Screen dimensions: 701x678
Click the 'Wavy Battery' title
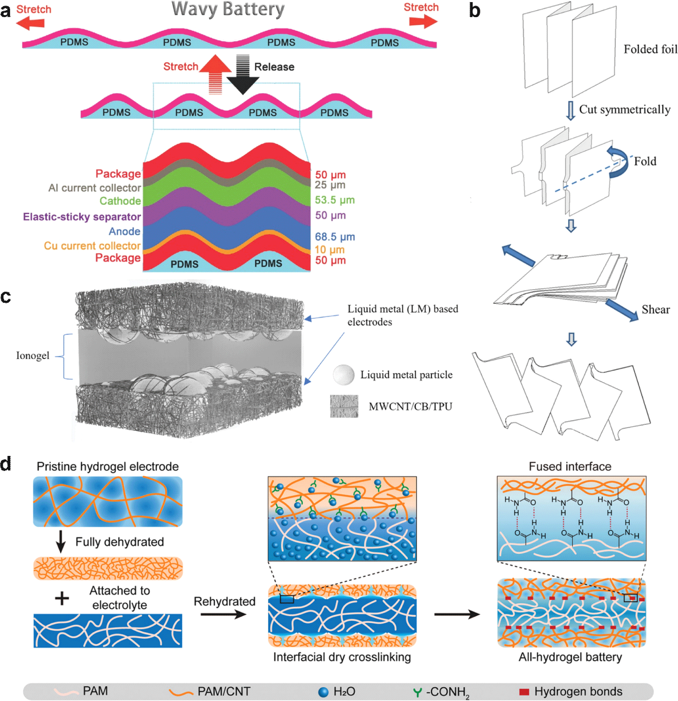coord(228,9)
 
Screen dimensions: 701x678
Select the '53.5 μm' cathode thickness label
coord(334,200)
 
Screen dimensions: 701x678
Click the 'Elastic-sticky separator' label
coord(82,217)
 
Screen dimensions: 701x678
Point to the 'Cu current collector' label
coord(92,246)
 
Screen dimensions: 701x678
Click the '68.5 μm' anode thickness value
coord(334,237)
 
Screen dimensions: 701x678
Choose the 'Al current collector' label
coord(95,188)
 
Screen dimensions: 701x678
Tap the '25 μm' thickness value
coord(330,185)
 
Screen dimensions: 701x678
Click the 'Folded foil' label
coord(650,49)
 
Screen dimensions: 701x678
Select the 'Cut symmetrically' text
coord(624,109)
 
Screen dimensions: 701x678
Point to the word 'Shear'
coord(655,309)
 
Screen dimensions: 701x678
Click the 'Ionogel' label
coord(33,356)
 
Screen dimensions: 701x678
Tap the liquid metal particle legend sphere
coord(344,374)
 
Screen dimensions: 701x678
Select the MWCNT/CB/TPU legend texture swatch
coord(344,406)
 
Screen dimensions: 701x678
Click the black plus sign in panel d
coord(62,598)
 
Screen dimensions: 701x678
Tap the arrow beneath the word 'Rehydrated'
coord(224,614)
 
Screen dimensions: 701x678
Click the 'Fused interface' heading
coord(570,467)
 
